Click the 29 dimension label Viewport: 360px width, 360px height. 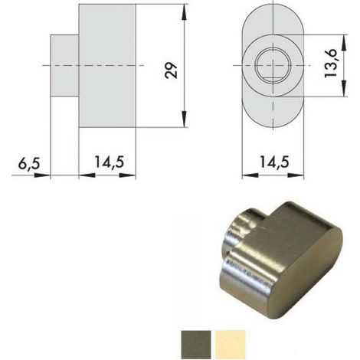(x=171, y=70)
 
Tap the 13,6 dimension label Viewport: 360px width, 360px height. (x=331, y=64)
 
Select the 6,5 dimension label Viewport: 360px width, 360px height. (x=29, y=163)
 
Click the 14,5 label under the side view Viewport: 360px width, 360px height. (x=110, y=162)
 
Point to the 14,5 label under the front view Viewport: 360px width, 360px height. (x=274, y=162)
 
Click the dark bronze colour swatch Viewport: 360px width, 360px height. (x=196, y=345)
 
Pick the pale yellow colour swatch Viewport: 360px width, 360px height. (x=231, y=345)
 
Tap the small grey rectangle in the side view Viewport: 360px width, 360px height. (x=64, y=66)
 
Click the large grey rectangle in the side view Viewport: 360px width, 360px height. (x=107, y=66)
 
